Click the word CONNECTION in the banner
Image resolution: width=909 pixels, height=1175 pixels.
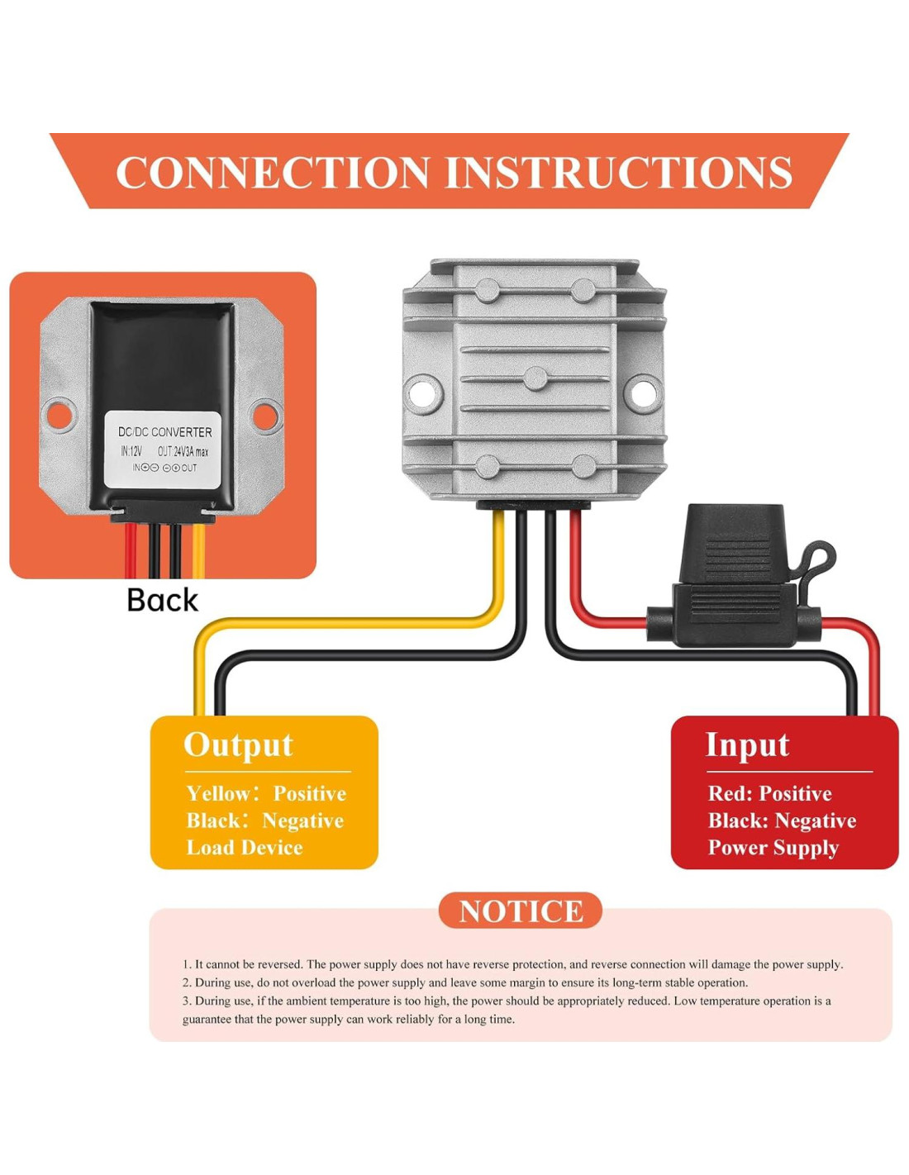[273, 173]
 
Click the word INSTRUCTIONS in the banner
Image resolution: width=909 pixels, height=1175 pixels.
[619, 173]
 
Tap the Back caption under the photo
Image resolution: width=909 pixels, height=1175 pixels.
[162, 600]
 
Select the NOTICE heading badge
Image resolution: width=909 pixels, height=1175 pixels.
[521, 911]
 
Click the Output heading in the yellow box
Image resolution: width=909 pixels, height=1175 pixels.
[239, 745]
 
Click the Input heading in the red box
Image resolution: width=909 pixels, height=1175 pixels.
[747, 746]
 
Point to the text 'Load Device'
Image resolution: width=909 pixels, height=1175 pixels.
[245, 847]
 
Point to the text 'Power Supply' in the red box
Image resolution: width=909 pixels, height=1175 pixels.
[773, 848]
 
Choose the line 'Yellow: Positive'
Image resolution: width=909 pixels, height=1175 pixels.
[266, 793]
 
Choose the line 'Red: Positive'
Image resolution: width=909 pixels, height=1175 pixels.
[770, 793]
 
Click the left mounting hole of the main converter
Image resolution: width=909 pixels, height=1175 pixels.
[425, 392]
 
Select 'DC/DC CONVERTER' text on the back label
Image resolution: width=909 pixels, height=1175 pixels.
[165, 432]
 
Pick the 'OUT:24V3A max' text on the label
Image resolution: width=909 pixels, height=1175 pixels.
[183, 451]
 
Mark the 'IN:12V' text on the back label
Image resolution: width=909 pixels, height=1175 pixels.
[131, 451]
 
